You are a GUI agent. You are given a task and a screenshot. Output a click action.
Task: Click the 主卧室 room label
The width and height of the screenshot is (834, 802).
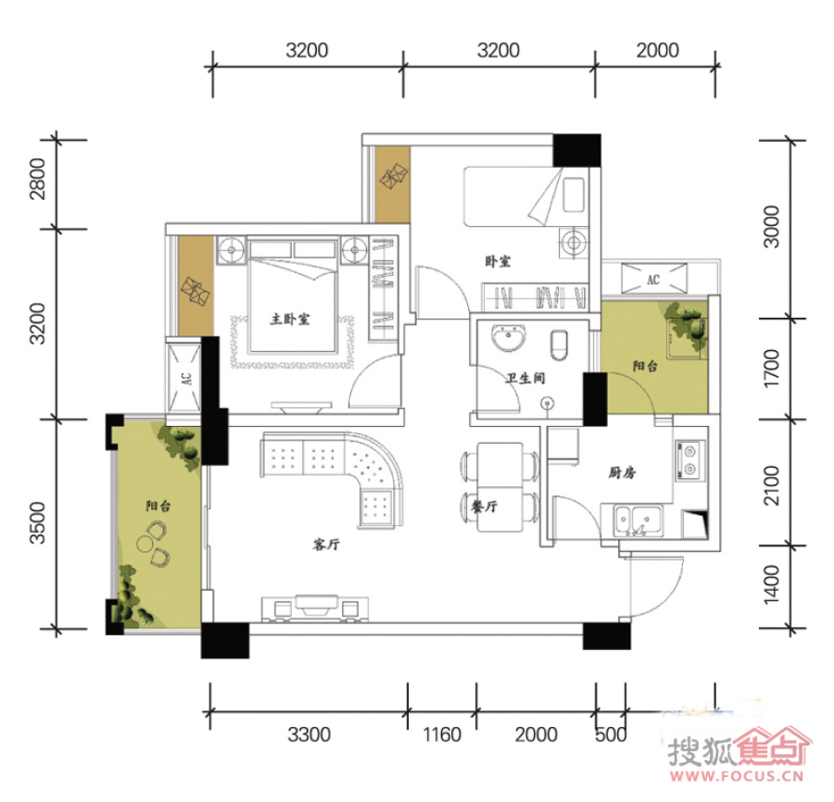pos(290,319)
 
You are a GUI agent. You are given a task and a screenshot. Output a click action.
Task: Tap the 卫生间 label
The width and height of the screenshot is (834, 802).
pos(525,378)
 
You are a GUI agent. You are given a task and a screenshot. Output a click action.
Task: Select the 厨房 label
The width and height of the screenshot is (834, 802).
pos(622,472)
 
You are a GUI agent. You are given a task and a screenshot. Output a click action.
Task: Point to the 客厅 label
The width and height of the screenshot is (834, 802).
pos(326,545)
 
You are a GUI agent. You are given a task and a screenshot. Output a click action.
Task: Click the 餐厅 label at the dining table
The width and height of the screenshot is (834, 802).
pos(485,507)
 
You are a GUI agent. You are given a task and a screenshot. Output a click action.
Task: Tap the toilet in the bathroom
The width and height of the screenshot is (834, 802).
pos(559,344)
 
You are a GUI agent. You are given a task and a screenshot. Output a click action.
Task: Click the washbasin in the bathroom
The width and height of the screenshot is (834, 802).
pos(510,337)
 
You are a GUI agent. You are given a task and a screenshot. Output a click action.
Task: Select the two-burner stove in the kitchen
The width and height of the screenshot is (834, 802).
pos(690,460)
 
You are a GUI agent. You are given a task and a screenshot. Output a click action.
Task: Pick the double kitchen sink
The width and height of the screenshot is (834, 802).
pos(638,520)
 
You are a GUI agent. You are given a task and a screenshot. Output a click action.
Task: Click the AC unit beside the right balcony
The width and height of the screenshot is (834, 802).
pos(653,279)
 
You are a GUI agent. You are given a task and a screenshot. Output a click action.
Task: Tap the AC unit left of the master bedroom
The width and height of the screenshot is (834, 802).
pos(184,379)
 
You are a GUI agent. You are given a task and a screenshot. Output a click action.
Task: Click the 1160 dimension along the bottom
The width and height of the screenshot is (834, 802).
pos(441,734)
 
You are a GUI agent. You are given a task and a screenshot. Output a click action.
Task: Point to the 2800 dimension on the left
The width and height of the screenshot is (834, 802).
pos(38,179)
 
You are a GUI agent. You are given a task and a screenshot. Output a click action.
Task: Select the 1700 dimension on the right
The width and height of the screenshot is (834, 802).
pos(771,369)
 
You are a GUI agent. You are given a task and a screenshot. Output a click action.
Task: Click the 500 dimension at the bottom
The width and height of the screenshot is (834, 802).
pos(611,734)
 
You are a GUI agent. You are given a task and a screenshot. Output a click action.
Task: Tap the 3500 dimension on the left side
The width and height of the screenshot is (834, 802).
pos(38,523)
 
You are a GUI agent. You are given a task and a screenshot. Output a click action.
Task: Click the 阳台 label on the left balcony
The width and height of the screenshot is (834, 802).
pos(158,506)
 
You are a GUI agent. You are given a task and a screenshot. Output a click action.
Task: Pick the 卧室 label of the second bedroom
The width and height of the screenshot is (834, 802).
pos(498,261)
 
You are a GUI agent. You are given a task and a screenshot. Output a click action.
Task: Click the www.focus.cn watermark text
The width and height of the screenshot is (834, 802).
pos(737,775)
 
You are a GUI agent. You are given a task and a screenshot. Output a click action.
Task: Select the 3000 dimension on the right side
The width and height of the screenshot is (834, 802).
pos(771,227)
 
